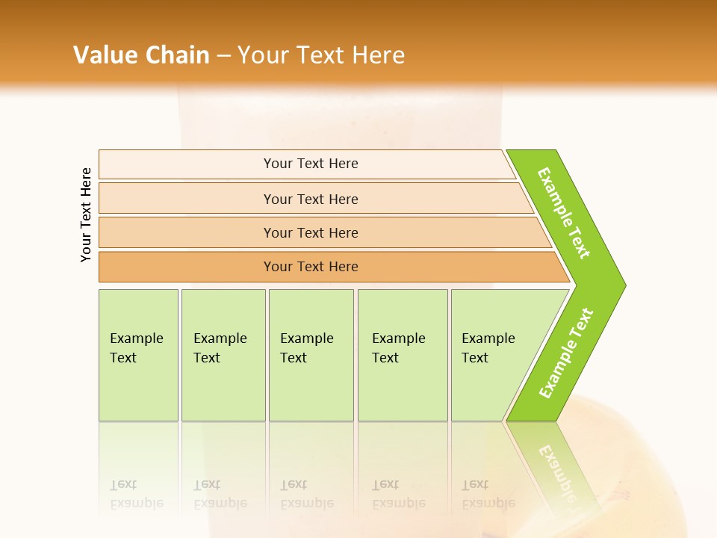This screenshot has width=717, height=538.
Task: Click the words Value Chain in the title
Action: coord(141,55)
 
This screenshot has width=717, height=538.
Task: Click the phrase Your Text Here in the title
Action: coord(321,55)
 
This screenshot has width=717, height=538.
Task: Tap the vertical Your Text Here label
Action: coord(86,214)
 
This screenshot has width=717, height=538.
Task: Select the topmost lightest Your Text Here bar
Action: coord(310,164)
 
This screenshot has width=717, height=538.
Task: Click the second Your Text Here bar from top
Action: coord(310,199)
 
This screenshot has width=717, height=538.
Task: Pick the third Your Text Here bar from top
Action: coord(310,232)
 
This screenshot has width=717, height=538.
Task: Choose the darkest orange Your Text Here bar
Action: coord(310,267)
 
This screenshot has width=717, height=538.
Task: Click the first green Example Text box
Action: coord(138,355)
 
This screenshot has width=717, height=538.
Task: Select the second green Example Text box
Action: coord(223,355)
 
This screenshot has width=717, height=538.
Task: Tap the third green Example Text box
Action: coord(311,355)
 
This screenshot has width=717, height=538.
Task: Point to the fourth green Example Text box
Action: coord(403,355)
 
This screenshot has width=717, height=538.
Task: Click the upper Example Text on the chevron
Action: coord(564,213)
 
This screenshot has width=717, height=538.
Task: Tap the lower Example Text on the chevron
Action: coord(566,353)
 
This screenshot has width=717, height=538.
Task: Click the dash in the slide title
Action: coord(223,55)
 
